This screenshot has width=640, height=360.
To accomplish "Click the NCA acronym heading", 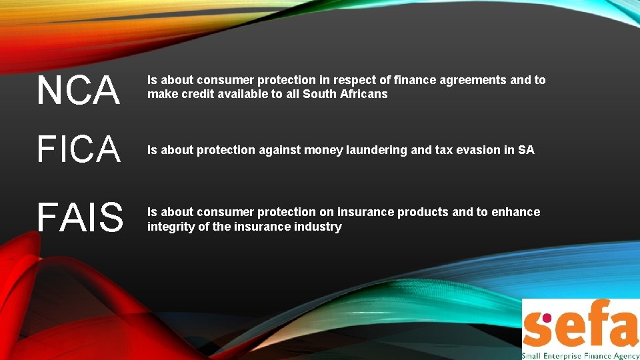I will point(79,91).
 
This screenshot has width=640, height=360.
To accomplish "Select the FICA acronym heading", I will point(79,149).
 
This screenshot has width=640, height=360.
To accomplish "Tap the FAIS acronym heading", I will point(80,217).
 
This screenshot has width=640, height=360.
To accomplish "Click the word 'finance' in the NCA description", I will point(413,80).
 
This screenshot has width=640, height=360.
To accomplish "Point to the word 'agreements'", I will point(470,80).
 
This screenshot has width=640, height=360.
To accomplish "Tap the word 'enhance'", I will point(515,212).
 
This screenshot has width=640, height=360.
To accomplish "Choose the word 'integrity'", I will point(171,227).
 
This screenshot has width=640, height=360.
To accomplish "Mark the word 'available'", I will point(243,94).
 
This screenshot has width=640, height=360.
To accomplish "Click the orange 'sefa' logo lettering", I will point(580,325).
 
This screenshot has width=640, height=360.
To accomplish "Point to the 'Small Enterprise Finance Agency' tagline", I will point(580,355).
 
